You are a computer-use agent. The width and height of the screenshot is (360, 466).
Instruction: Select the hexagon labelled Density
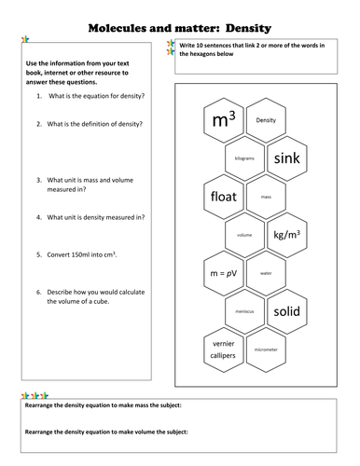point(266,120)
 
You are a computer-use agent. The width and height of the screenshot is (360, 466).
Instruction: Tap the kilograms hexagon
point(245,158)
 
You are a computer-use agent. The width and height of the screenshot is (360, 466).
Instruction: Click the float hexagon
point(224,197)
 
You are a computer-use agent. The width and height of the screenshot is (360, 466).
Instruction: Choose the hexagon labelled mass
point(266,197)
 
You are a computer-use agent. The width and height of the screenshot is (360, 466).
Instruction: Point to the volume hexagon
point(245,235)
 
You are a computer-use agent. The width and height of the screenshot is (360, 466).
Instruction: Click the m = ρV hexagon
point(224,273)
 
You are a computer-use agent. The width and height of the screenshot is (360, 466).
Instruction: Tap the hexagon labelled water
point(266,273)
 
